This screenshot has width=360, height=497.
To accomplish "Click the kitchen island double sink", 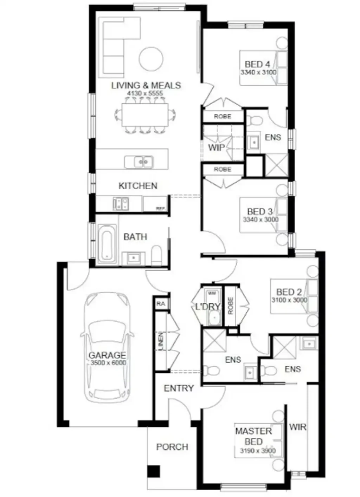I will click(x=139, y=162).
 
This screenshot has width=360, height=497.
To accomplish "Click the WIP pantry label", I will click(x=216, y=148).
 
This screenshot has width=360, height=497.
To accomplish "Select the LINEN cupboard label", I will click(x=161, y=341).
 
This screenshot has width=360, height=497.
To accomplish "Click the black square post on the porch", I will click(x=153, y=471).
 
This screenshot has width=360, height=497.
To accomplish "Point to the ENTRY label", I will click(x=179, y=388).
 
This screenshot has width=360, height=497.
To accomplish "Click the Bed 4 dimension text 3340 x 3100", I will click(x=258, y=72).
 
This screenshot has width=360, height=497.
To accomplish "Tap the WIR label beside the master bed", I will click(x=297, y=427).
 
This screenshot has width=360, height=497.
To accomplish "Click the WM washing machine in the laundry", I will click(x=212, y=293).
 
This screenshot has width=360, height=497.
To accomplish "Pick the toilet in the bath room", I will click(x=156, y=255).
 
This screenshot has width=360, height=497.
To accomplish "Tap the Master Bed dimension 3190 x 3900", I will click(x=258, y=451).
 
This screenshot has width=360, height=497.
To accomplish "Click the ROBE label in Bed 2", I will click(x=231, y=306).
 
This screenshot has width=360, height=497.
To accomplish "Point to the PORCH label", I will click(x=172, y=447).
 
